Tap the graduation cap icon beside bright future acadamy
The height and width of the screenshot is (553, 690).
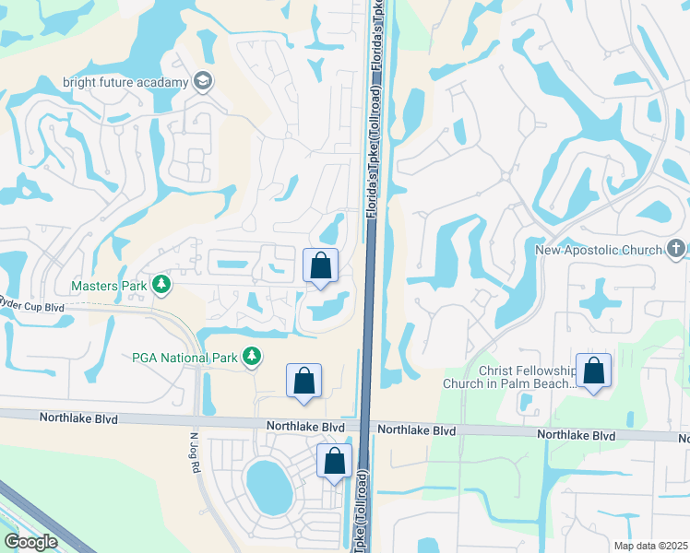click(203, 82)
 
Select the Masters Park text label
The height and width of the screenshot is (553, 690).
click(108, 286)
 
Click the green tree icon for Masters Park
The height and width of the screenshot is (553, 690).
click(161, 285)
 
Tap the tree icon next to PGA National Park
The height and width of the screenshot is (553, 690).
click(251, 356)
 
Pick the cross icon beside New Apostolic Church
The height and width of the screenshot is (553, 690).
click(676, 249)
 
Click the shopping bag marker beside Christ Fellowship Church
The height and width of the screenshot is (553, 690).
click(593, 371)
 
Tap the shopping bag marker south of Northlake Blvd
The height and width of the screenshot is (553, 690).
click(335, 460)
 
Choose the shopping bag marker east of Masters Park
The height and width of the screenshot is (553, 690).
click(321, 266)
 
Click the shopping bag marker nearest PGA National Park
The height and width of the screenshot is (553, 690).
click(304, 381)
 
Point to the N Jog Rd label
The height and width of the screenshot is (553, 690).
click(195, 453)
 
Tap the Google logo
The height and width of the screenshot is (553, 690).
click(30, 541)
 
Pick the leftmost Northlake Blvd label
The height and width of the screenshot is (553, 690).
click(78, 418)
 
